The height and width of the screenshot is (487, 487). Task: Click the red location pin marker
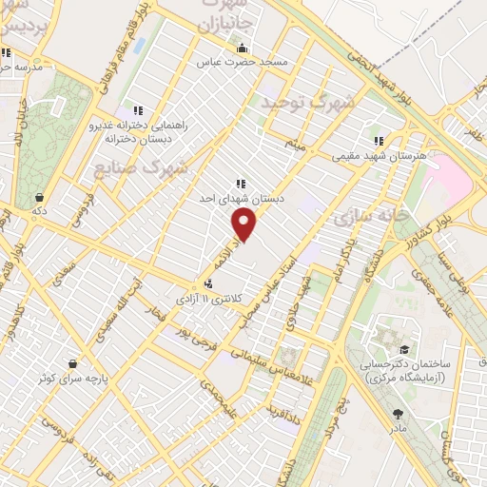[x=244, y=225]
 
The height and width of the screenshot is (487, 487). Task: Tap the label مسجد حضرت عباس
[x=242, y=63]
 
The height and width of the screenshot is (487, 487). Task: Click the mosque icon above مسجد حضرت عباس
[x=242, y=49]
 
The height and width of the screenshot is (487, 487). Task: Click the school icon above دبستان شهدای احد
[x=240, y=184]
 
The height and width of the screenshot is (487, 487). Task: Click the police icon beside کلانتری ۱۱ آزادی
[x=208, y=283]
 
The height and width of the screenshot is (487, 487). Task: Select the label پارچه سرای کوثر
[x=73, y=378]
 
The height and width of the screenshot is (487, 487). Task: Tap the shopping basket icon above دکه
[x=39, y=197]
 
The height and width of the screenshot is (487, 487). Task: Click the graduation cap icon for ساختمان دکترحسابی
[x=404, y=350]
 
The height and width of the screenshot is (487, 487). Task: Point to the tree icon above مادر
[x=398, y=414]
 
